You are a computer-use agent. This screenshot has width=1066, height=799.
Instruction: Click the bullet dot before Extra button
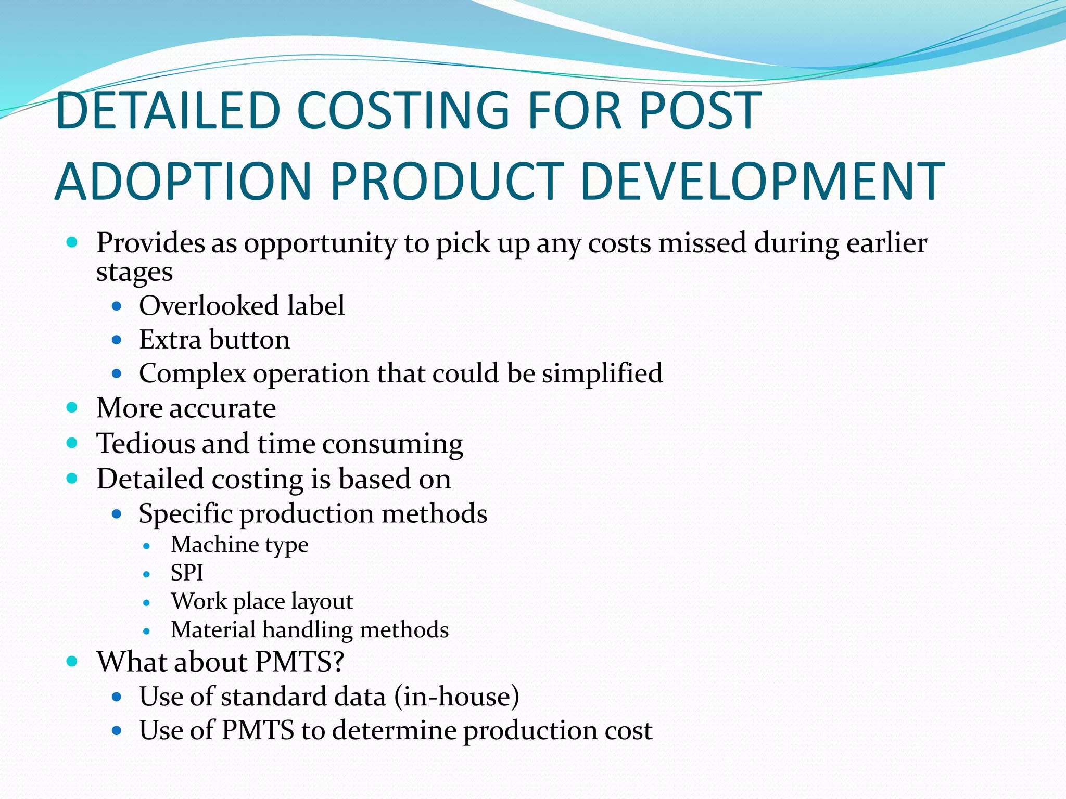117,341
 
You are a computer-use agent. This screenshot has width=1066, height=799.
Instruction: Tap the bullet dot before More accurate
72,407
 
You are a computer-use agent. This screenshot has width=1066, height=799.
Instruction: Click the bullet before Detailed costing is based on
72,479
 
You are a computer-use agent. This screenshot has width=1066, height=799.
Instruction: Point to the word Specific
185,514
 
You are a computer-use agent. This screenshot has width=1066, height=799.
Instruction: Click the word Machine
214,545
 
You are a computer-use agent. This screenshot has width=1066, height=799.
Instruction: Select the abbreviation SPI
187,573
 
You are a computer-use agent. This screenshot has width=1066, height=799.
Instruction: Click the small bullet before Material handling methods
147,632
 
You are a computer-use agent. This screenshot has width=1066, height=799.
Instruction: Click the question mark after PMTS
338,662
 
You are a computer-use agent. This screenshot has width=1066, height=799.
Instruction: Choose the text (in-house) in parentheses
456,697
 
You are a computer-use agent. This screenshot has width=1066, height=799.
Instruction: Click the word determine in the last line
394,730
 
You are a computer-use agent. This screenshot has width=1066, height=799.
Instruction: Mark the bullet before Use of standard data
117,697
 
